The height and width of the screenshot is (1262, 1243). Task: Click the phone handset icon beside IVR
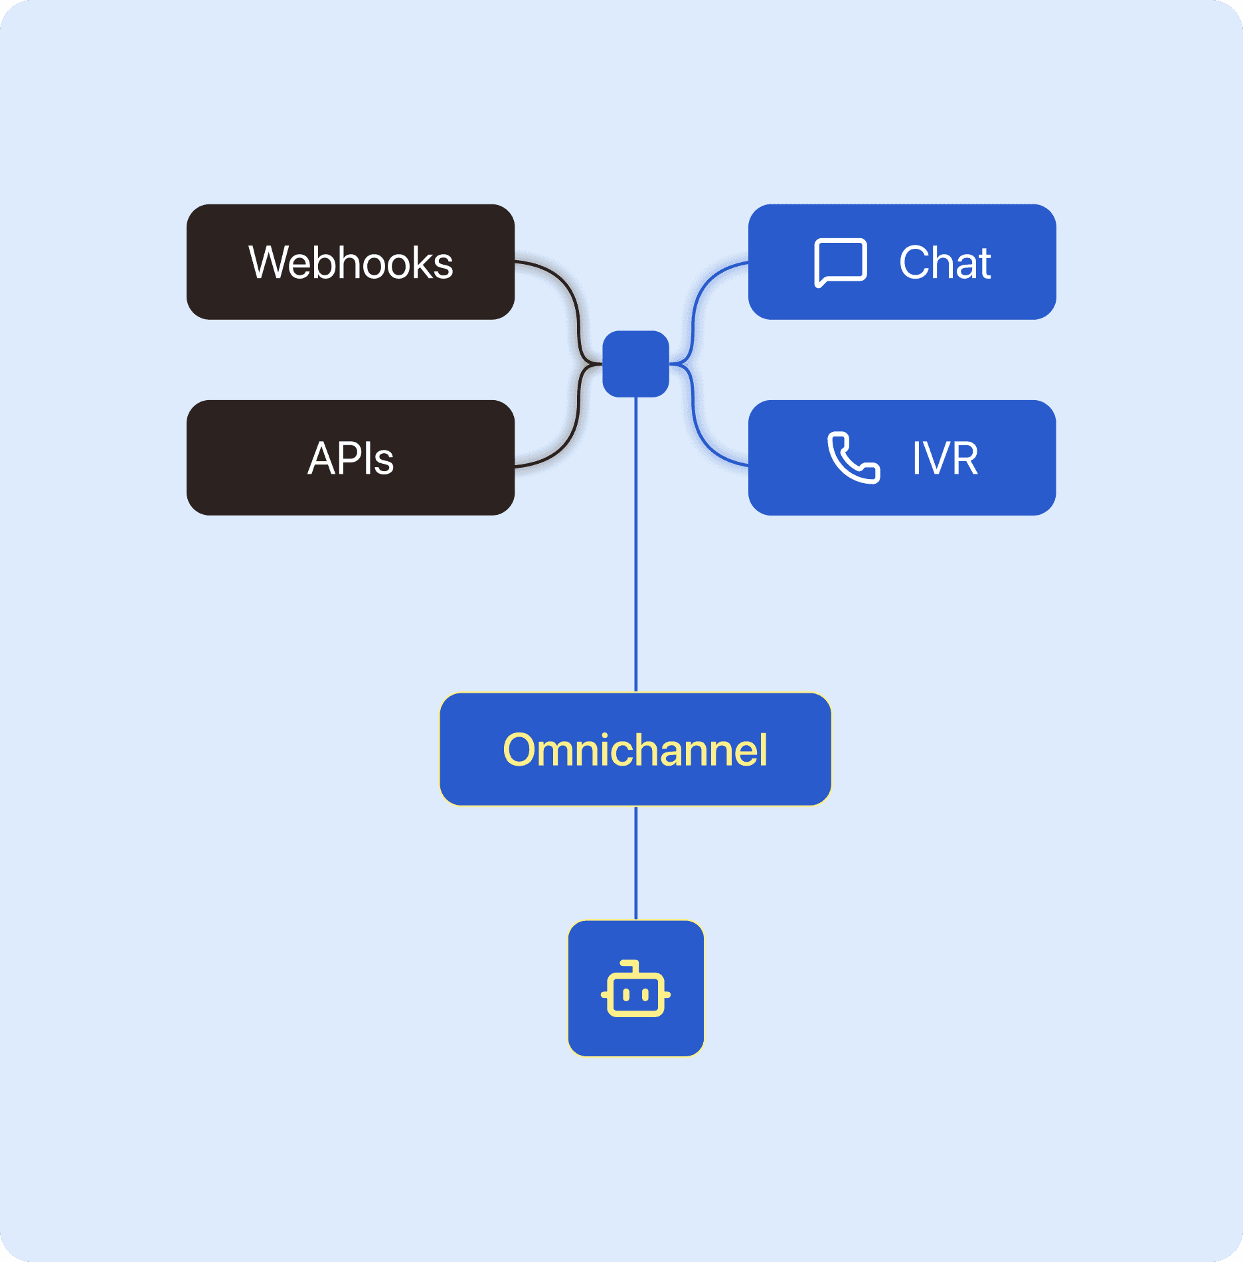(x=853, y=458)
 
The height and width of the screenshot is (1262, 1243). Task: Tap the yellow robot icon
(x=635, y=989)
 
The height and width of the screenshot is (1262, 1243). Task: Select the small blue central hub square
(x=635, y=364)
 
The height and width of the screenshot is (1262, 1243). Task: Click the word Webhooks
(x=351, y=263)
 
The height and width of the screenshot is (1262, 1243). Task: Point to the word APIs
(x=351, y=458)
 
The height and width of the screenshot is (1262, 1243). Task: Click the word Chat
(x=944, y=263)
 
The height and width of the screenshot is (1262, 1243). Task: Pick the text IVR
(x=945, y=458)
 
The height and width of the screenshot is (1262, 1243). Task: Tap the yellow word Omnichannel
(x=635, y=750)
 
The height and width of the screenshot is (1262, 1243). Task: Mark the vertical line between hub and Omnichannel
(x=636, y=544)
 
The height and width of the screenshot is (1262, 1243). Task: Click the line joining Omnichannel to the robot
(x=636, y=863)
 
